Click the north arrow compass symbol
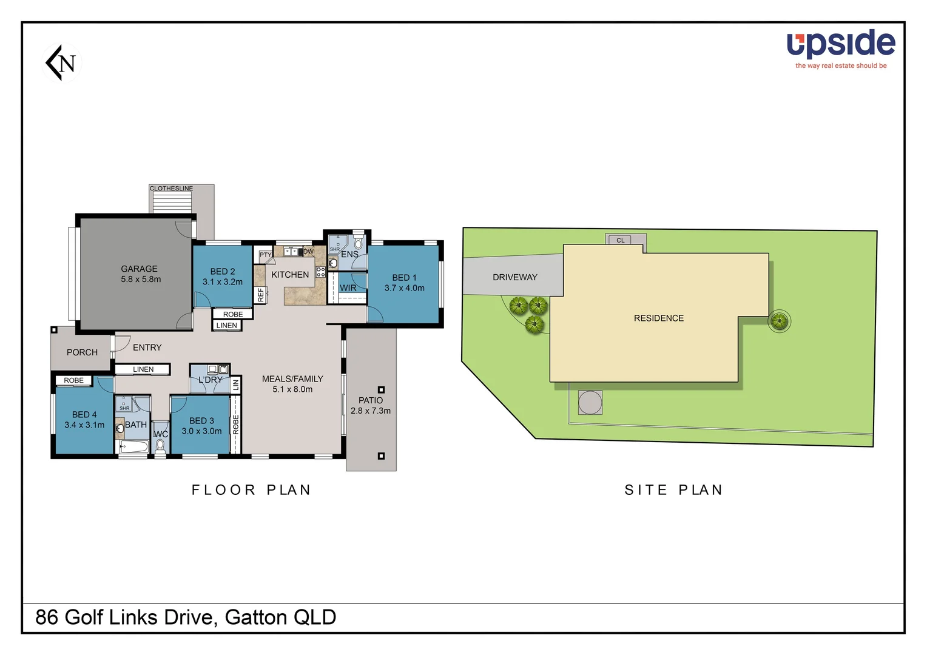62,62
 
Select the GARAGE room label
139,269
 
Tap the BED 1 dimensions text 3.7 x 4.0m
404,288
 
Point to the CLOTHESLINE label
171,189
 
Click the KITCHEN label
290,275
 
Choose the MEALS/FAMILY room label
292,379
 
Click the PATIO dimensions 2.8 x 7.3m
371,411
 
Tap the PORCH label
82,352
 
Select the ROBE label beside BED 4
74,380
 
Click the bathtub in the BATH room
133,448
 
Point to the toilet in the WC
160,447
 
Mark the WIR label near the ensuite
348,288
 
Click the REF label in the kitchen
261,295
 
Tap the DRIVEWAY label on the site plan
514,277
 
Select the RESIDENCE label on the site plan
658,318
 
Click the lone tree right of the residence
779,321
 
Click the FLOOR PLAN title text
251,490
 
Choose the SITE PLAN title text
673,490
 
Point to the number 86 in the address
47,617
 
